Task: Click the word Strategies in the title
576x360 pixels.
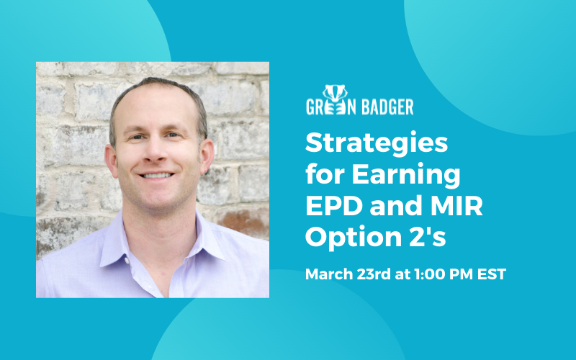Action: [x=377, y=143]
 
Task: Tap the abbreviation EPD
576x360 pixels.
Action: [x=334, y=206]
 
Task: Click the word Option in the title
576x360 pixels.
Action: [x=354, y=238]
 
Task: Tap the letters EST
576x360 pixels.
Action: [x=492, y=274]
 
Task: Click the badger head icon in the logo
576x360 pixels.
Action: [x=335, y=94]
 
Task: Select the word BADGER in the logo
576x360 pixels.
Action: [x=387, y=107]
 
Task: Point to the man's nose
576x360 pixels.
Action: [x=156, y=150]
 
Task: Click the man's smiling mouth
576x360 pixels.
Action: [x=156, y=175]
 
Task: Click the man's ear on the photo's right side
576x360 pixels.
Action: [x=207, y=156]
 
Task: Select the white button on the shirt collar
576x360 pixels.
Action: [x=127, y=261]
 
